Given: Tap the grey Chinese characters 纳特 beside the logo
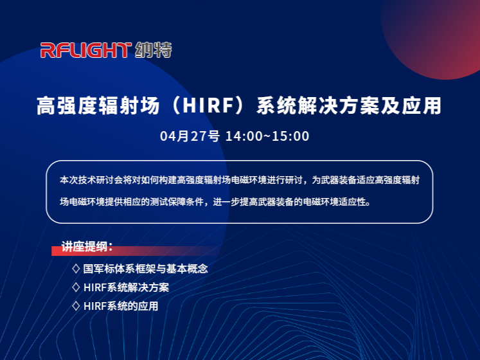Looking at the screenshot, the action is pyautogui.click(x=154, y=50).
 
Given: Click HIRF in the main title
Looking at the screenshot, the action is pyautogui.click(x=208, y=105).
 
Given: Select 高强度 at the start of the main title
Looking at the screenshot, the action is pyautogui.click(x=67, y=105).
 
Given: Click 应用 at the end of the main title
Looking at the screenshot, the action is pyautogui.click(x=422, y=105).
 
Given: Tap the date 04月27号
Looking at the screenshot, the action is pyautogui.click(x=190, y=136).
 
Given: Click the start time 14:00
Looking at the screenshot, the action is pyautogui.click(x=244, y=136).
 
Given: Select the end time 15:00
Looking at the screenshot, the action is pyautogui.click(x=290, y=136).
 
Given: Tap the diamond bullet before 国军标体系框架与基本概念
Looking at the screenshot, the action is pyautogui.click(x=76, y=269).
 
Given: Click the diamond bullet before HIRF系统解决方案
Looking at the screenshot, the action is pyautogui.click(x=76, y=287).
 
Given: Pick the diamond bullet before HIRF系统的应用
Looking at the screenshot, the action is pyautogui.click(x=76, y=306).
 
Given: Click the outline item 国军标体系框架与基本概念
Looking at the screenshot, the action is pyautogui.click(x=145, y=269).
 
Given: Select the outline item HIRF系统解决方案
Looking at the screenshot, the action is pyautogui.click(x=126, y=287).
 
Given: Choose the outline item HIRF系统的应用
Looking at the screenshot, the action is pyautogui.click(x=121, y=306).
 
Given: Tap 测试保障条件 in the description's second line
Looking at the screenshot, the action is pyautogui.click(x=177, y=202).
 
